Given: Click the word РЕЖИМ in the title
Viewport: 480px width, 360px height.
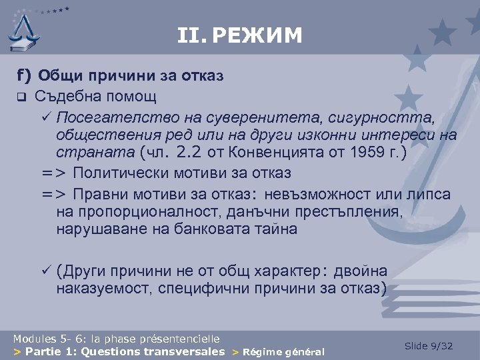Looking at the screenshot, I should coord(261,35).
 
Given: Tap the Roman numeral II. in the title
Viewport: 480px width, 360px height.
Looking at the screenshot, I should coord(193,35).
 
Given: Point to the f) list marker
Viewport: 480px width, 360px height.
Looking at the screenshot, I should coord(23,75).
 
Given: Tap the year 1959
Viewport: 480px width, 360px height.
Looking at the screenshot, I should coord(363,153).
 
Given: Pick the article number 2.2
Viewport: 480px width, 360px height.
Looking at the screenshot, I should coord(188,153).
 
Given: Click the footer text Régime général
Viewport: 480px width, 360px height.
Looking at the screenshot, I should coord(283,352).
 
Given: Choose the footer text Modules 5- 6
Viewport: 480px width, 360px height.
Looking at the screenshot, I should coord(44,339).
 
